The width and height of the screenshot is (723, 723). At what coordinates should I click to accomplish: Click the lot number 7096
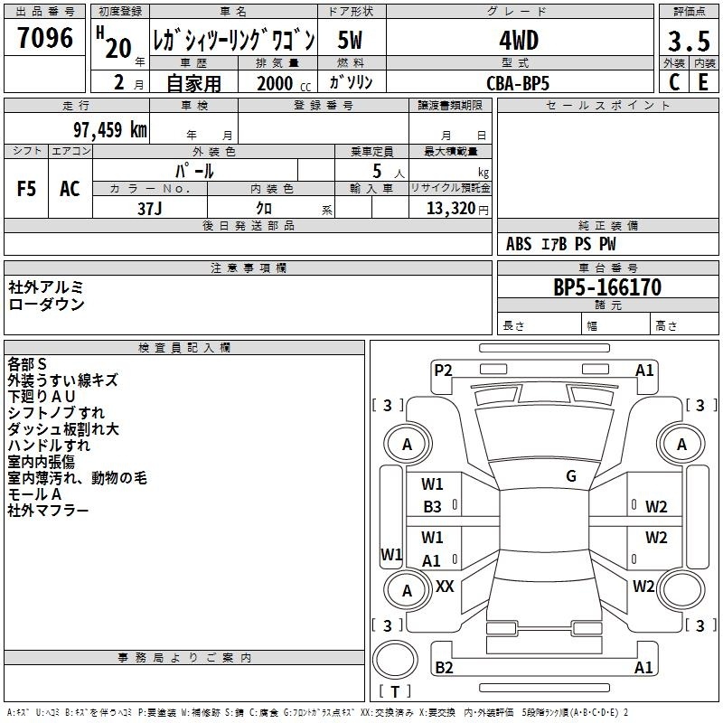45,38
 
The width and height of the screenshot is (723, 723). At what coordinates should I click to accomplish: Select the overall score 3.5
689,41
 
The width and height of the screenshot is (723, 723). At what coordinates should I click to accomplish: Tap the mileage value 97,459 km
110,130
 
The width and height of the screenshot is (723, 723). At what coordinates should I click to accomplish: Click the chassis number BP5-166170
607,287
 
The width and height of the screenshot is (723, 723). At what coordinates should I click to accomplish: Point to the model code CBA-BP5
518,83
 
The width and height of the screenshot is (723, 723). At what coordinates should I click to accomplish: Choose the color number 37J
150,209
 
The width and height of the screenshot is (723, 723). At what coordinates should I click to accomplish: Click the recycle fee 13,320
450,209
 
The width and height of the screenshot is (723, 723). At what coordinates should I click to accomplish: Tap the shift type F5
26,189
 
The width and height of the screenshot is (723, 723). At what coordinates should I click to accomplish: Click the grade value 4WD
519,41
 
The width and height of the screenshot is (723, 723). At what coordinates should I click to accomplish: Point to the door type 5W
350,40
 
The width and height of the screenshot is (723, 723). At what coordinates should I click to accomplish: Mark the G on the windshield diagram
571,476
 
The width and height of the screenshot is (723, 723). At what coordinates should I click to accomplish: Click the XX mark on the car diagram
445,586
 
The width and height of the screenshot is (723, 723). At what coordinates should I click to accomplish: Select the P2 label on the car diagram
443,370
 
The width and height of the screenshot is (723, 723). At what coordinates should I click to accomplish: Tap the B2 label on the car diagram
444,667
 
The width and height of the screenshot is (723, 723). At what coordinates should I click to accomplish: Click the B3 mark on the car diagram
432,507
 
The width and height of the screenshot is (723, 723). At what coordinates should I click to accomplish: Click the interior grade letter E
703,82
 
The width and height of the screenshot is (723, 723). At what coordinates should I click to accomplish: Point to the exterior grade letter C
674,82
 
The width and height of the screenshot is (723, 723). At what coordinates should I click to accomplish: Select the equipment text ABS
519,244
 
